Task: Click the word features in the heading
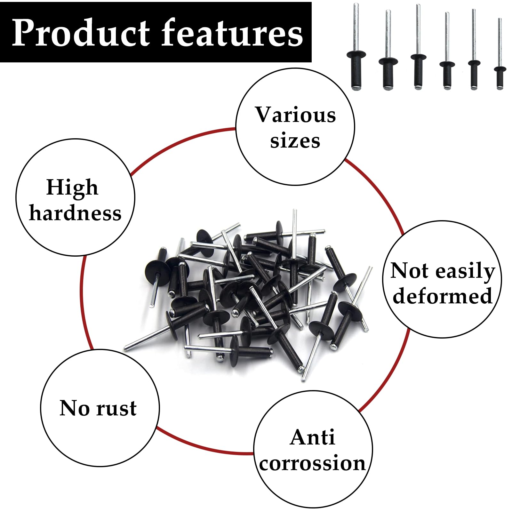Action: tap(232, 32)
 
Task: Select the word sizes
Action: tap(295, 141)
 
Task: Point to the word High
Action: tap(72, 187)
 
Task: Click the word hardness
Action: tap(75, 213)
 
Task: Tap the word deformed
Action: tap(442, 296)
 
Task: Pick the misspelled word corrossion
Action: tap(312, 463)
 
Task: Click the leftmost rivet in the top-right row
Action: tap(356, 46)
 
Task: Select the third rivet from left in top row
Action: tap(418, 47)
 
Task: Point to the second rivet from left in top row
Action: tap(388, 50)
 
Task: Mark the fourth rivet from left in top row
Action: tap(447, 51)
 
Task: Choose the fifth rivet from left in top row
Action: tap(474, 49)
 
